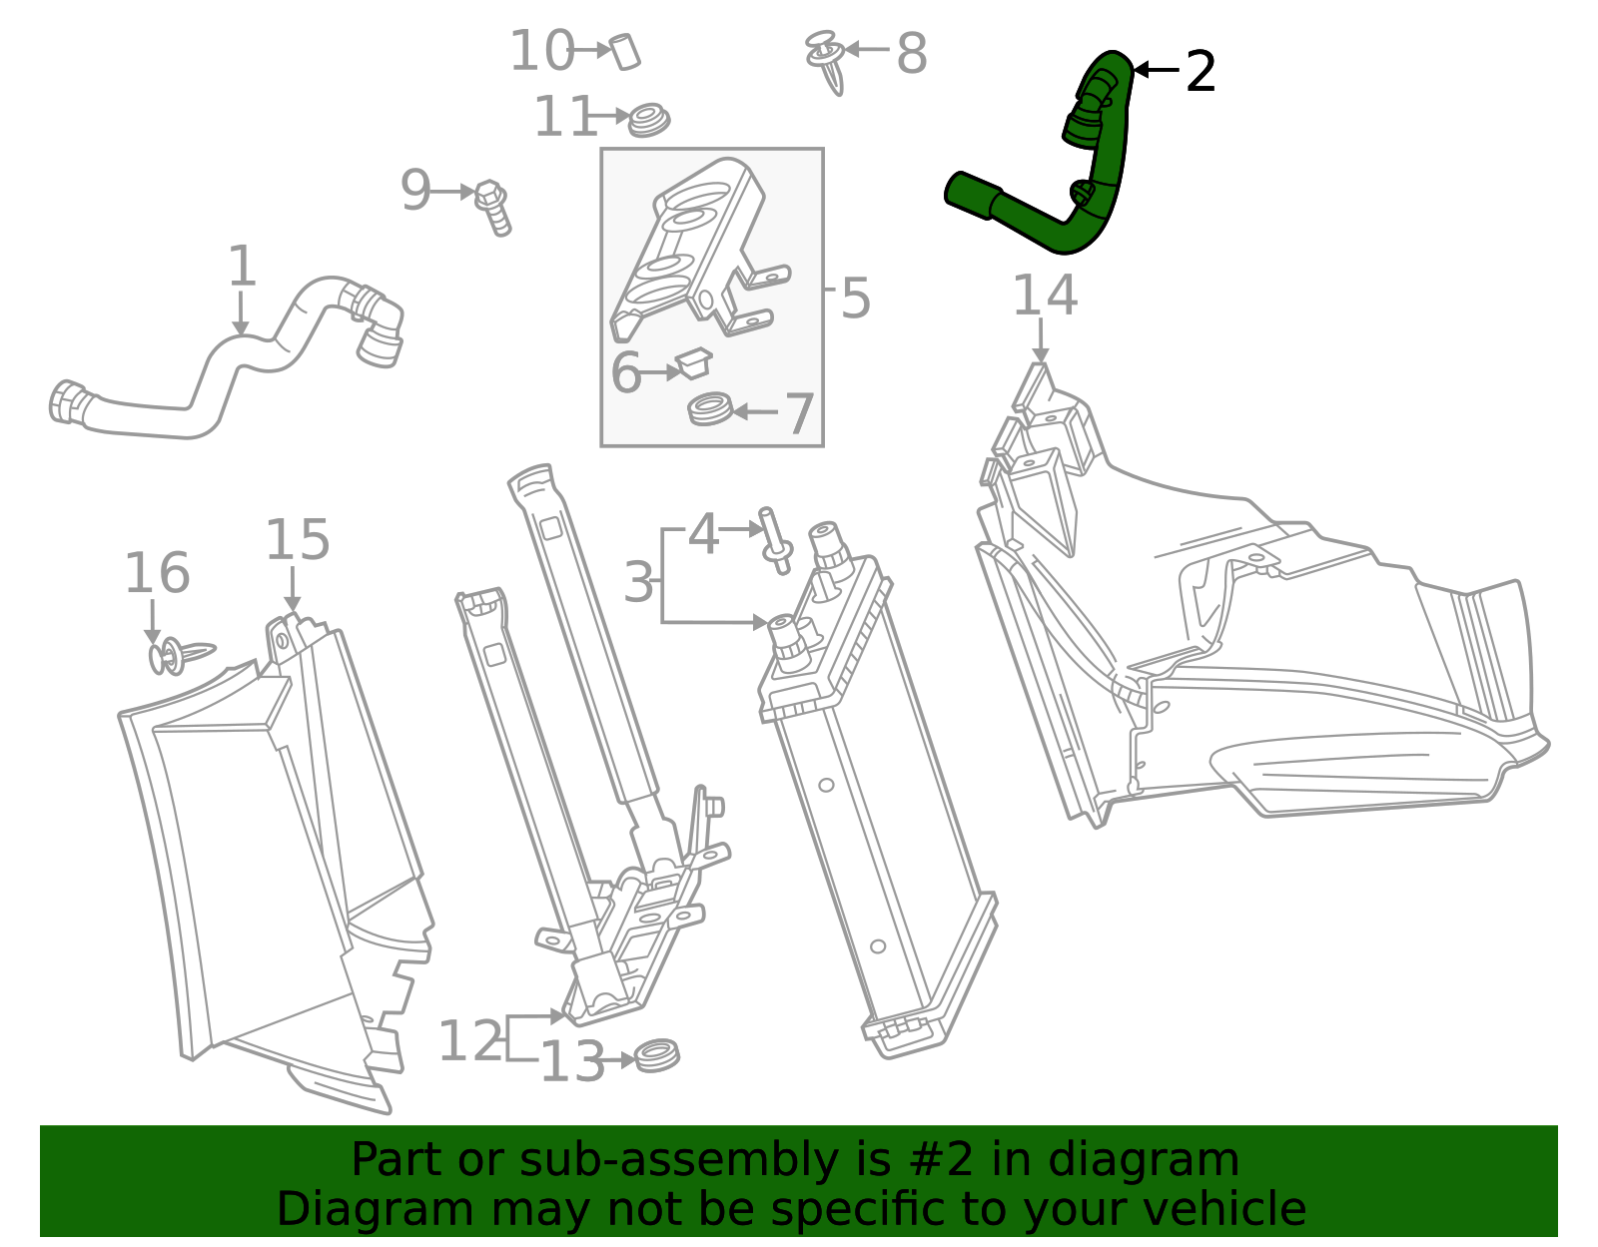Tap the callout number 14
(1045, 296)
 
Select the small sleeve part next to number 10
(625, 51)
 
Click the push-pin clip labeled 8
(827, 61)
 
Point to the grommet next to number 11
(649, 120)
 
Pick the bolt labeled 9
(493, 206)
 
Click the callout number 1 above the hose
(242, 268)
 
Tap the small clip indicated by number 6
(693, 362)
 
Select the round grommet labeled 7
(710, 409)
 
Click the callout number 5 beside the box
(855, 299)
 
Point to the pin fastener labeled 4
(775, 539)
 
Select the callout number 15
(297, 540)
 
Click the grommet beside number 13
(657, 1054)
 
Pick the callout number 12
(469, 1041)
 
